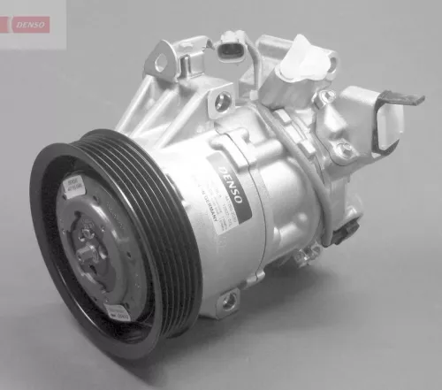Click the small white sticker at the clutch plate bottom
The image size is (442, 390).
click(118, 310)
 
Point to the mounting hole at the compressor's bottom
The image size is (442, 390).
click(229, 301)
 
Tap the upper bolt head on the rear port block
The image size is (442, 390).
click(326, 96)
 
